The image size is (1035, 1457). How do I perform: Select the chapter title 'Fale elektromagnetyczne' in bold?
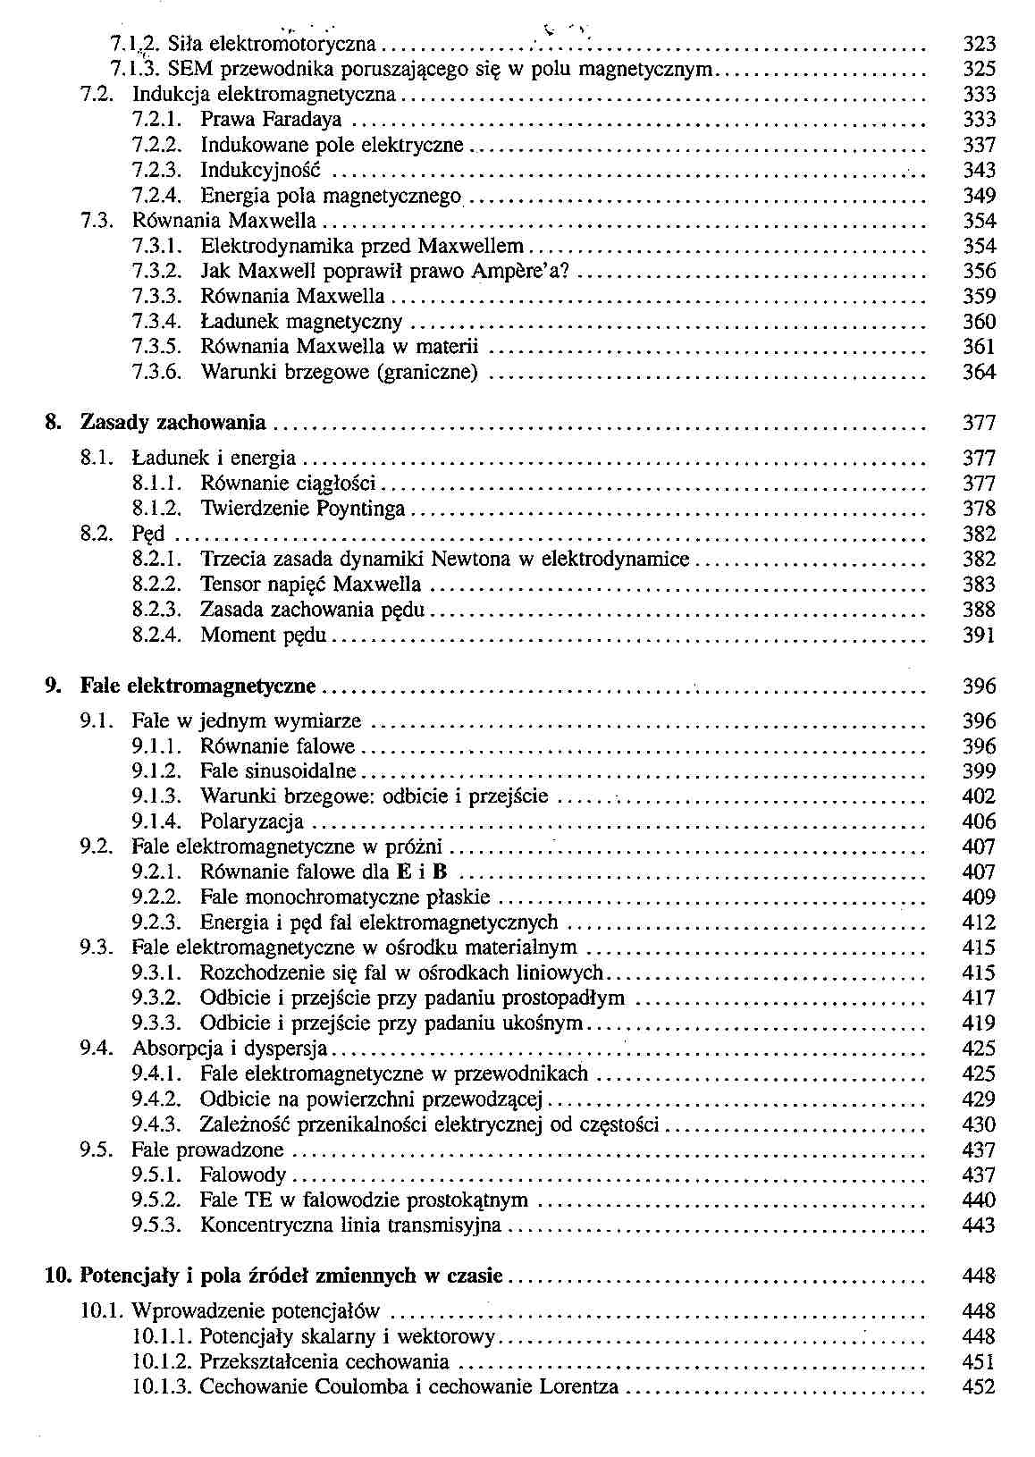coord(198,686)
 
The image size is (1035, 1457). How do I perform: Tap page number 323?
coord(980,44)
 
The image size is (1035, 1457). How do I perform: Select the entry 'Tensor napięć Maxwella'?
coord(310,585)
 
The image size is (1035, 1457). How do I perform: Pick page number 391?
coord(980,636)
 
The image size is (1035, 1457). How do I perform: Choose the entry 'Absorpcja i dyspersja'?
coord(230,1049)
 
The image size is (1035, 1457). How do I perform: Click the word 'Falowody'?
coord(243,1175)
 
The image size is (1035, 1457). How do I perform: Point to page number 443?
coord(980,1225)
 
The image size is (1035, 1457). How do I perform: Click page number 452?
coord(980,1388)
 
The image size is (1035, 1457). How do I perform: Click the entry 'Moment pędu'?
coord(263,636)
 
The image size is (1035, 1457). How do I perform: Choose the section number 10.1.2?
coord(162,1363)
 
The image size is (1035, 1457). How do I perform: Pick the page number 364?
coord(980,372)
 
